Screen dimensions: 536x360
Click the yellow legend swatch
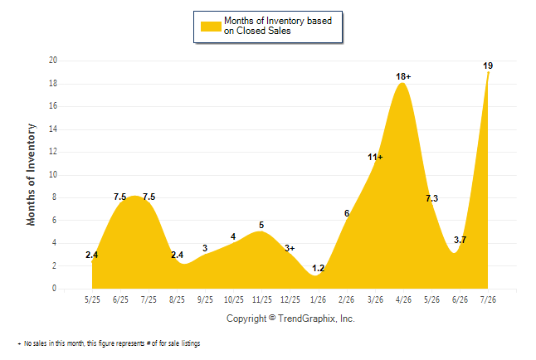pos(211,27)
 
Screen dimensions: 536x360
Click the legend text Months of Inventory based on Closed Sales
pos(278,26)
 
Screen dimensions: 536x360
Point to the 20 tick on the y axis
pos(53,61)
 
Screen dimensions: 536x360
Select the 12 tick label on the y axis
pos(53,152)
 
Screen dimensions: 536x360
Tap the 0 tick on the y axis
pos(54,288)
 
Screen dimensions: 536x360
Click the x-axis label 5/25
pos(92,299)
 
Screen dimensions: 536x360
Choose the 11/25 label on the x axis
pos(262,299)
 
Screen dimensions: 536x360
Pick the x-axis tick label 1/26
pos(319,299)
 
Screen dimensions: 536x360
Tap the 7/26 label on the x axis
pos(488,299)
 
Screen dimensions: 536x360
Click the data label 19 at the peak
pos(488,66)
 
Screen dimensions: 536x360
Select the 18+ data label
pos(403,76)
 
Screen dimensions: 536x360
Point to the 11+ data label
pos(375,158)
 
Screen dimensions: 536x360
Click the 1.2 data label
pos(319,269)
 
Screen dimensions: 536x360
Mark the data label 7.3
pos(431,198)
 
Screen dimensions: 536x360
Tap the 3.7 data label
pos(460,240)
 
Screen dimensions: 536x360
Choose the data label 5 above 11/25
pos(261,225)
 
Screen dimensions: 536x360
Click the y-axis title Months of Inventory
pos(31,174)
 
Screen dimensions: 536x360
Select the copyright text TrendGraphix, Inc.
pos(317,319)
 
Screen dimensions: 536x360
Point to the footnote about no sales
pos(109,343)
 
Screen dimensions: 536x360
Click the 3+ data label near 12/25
pos(290,248)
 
